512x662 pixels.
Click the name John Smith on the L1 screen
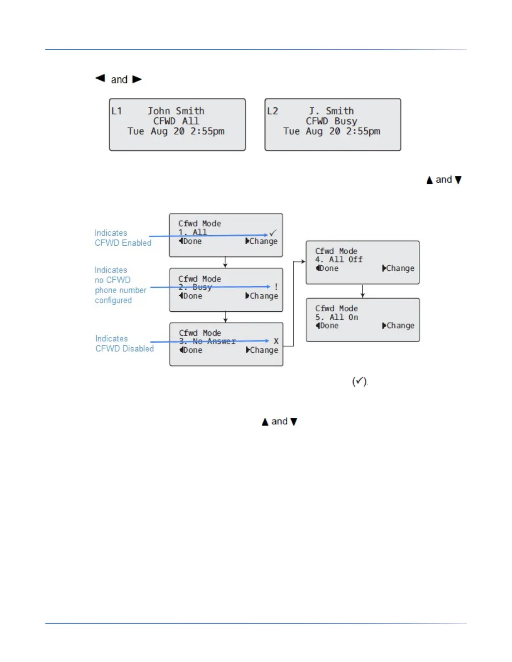(176, 111)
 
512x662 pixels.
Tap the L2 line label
(272, 111)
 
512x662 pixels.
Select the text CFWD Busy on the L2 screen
(331, 121)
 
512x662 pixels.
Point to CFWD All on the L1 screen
(176, 121)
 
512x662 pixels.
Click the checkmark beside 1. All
(273, 232)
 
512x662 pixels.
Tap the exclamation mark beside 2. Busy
(276, 287)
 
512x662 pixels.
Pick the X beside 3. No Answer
(276, 341)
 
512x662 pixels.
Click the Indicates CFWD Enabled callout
(123, 238)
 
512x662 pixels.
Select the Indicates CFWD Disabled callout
(124, 344)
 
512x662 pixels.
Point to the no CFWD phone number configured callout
(120, 285)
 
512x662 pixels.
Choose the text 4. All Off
(339, 260)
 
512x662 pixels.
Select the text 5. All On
(337, 317)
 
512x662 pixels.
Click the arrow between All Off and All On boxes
(363, 291)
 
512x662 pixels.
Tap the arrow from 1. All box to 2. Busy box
(225, 262)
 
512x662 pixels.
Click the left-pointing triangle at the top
(100, 78)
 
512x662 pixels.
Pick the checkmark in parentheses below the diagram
(359, 381)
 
